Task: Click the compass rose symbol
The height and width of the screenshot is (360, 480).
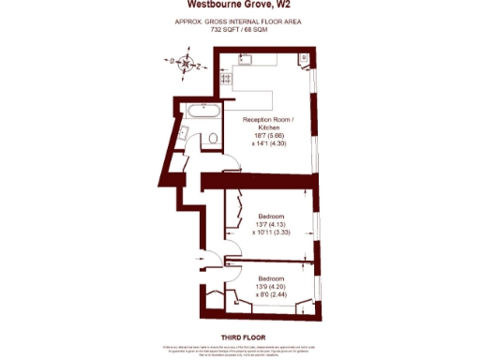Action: [x=187, y=65]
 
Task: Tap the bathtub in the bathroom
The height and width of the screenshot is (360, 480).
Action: [x=203, y=111]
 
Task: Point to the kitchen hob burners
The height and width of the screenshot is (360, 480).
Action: [x=226, y=80]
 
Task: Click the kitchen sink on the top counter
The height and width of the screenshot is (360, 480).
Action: [x=247, y=60]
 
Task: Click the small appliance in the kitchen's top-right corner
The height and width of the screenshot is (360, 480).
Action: [x=303, y=61]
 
